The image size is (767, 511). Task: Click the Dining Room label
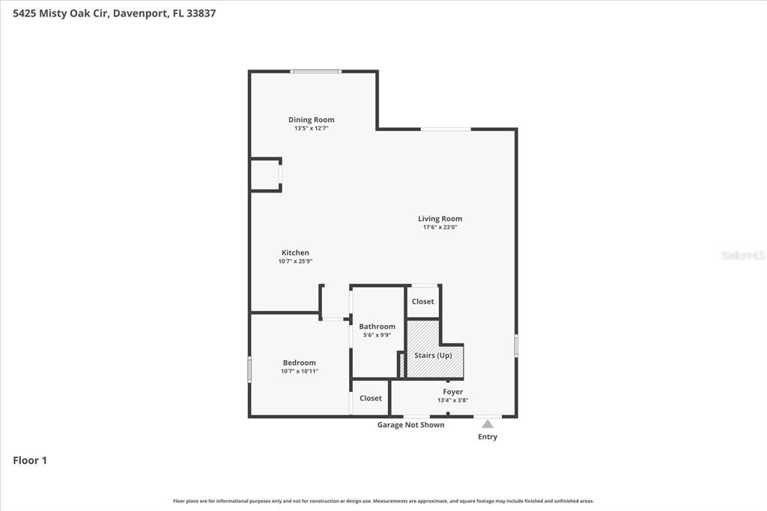311,119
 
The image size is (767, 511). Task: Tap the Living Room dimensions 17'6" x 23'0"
440,227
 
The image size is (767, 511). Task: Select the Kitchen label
295,253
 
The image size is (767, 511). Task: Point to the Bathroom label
378,327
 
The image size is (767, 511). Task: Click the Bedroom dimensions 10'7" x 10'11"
300,371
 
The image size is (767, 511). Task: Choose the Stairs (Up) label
433,355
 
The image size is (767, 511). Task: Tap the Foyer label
453,392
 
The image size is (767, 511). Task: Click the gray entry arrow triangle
488,424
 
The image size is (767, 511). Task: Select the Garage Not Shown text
411,425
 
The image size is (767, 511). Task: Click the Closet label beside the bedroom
371,398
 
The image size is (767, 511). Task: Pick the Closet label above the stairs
422,301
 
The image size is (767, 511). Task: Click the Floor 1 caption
30,460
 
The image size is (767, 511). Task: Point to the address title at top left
115,13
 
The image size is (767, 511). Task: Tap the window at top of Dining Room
315,71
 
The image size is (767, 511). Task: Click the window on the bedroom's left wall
249,369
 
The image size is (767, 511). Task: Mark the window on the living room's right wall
516,345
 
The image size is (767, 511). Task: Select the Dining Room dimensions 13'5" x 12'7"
311,128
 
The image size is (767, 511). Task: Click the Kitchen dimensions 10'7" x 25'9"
295,261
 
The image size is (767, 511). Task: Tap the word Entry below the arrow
488,437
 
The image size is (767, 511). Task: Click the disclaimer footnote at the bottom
383,501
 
